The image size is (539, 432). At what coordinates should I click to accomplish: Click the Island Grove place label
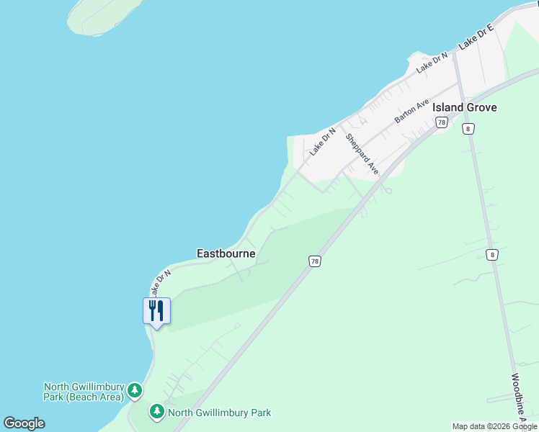(x=465, y=107)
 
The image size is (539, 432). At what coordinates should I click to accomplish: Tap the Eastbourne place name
(x=226, y=253)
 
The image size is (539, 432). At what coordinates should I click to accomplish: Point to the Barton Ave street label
(x=411, y=111)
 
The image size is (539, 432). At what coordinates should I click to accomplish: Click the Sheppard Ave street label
(x=362, y=153)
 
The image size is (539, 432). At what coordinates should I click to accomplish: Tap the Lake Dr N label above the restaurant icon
(x=160, y=282)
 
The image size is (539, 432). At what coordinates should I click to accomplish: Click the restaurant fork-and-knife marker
(x=156, y=311)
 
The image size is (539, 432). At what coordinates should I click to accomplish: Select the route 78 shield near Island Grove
(x=442, y=123)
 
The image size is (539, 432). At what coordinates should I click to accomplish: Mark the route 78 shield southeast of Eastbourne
(x=313, y=261)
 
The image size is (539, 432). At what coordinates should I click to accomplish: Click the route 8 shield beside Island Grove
(x=469, y=128)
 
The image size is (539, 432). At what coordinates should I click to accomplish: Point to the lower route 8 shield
(x=491, y=254)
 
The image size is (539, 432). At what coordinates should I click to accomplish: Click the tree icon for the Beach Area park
(x=134, y=391)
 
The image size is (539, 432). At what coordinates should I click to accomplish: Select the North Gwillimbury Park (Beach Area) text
(x=84, y=392)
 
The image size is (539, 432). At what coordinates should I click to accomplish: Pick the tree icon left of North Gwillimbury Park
(x=157, y=413)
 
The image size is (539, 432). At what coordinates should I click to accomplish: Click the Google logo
(x=24, y=423)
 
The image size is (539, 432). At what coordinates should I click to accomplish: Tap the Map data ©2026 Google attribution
(x=494, y=426)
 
